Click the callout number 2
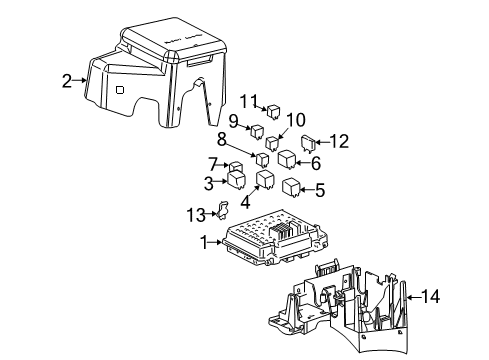[67, 81]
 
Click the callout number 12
[343, 142]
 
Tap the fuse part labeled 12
[309, 145]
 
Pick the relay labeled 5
[291, 186]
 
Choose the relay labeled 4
[266, 180]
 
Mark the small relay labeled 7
[237, 166]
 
